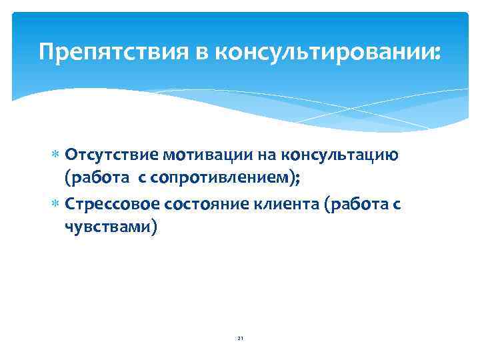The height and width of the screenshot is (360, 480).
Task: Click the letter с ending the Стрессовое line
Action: coord(397,204)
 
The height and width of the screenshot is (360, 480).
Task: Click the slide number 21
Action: coord(240,339)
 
